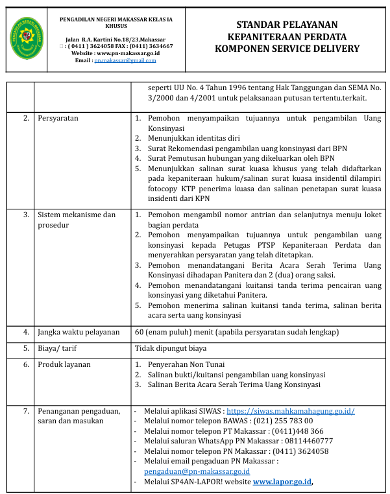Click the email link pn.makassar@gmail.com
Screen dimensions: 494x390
tap(125, 60)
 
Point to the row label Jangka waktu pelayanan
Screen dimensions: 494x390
tap(79, 332)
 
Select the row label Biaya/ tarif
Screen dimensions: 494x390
tap(57, 348)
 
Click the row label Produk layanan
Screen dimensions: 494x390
tap(64, 364)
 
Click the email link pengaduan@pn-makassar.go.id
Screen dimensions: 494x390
tap(197, 471)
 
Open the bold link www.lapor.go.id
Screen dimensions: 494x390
tap(282, 482)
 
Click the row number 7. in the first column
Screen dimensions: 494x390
tap(26, 411)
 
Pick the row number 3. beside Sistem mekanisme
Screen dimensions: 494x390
tap(26, 214)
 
